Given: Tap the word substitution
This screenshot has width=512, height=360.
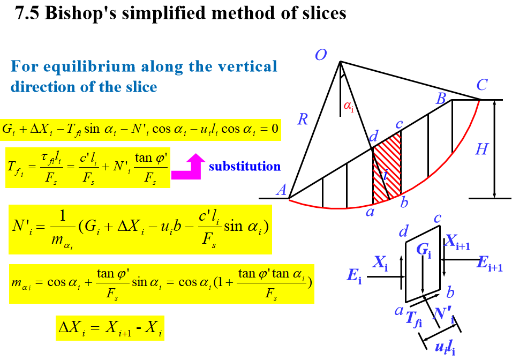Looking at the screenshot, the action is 245,166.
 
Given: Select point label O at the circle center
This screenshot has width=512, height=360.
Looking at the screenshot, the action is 320,55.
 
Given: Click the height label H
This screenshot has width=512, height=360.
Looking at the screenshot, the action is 481,149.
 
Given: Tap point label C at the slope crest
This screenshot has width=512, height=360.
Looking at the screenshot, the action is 482,85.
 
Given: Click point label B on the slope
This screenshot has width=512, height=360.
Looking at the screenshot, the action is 441,98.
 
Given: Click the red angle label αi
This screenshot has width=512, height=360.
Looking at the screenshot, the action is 349,107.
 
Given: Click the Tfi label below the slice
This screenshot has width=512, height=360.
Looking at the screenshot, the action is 413,319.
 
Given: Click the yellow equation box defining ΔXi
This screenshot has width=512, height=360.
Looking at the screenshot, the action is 110,327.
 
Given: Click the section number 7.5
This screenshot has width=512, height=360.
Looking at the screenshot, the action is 28,13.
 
